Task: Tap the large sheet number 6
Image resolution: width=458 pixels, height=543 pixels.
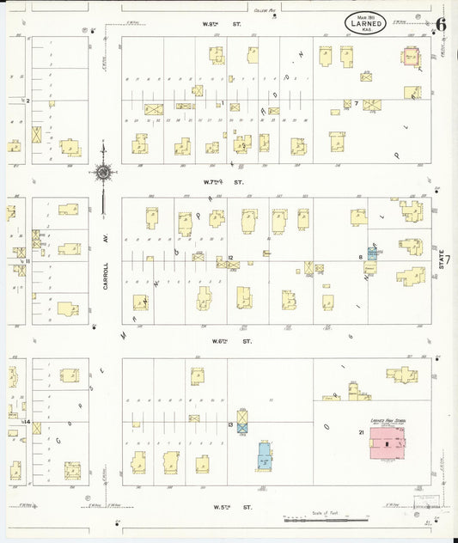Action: (x=440, y=24)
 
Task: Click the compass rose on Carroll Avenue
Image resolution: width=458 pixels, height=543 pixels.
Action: (x=103, y=172)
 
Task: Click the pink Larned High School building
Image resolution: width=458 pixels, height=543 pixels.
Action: (x=391, y=444)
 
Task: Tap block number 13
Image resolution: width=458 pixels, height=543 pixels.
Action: (x=230, y=424)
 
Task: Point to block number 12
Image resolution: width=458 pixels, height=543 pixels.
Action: (x=230, y=258)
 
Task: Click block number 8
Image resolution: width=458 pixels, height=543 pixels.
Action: (x=360, y=257)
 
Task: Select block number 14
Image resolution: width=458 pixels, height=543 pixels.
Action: (x=27, y=422)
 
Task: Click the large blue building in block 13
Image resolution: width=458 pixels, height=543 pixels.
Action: (x=265, y=455)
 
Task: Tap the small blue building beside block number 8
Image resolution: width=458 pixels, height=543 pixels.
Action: (x=373, y=253)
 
